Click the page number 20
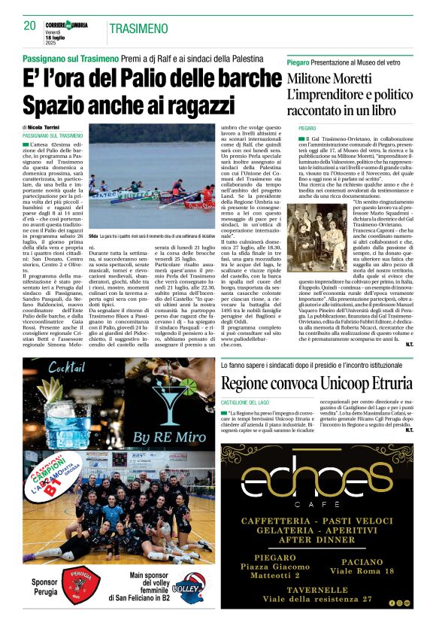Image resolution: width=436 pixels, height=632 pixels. tap(30, 26)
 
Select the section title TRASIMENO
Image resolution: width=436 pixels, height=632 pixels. tap(138, 29)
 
